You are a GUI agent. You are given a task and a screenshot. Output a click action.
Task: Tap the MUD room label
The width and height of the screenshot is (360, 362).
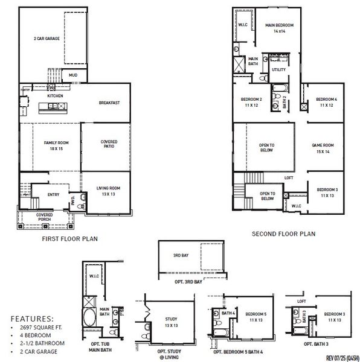[73, 75]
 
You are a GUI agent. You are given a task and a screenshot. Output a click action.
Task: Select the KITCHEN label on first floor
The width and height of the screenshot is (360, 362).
[56, 95]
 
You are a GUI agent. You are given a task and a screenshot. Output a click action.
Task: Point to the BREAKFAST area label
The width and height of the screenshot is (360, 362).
[109, 103]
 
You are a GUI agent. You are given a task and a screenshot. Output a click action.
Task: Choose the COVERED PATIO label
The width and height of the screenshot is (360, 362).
[109, 145]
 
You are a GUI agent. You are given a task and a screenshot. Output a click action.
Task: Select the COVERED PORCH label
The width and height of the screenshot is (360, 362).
[43, 217]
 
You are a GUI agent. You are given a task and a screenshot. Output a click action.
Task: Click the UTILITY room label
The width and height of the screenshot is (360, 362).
[278, 70]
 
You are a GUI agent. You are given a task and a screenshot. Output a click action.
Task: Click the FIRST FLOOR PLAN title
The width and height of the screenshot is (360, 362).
[69, 238]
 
